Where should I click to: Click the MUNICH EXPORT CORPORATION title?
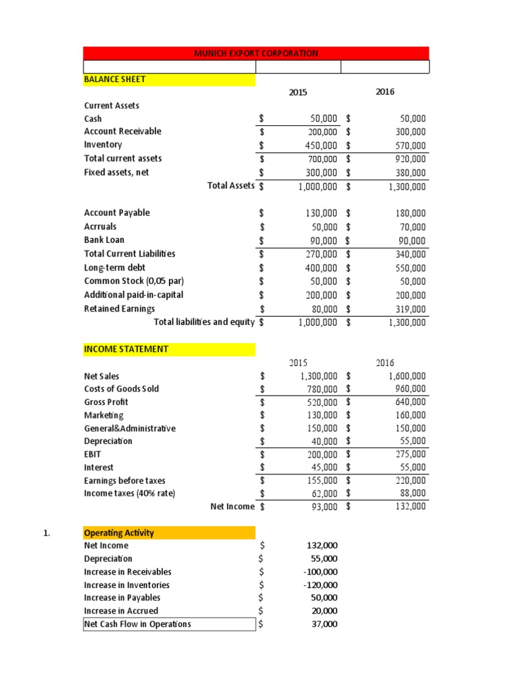point(256,53)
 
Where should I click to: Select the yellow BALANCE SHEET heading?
point(114,79)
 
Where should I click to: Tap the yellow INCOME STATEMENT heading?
point(126,349)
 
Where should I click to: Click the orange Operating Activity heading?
point(118,533)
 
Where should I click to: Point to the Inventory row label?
point(103,145)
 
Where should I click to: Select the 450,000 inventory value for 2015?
point(318,145)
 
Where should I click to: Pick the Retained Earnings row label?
point(119,308)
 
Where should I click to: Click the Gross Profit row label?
point(106,402)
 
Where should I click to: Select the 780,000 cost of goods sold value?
point(318,389)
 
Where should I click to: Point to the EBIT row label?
point(94,454)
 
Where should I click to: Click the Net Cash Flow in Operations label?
point(137,624)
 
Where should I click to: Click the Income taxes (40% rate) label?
point(129,493)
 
